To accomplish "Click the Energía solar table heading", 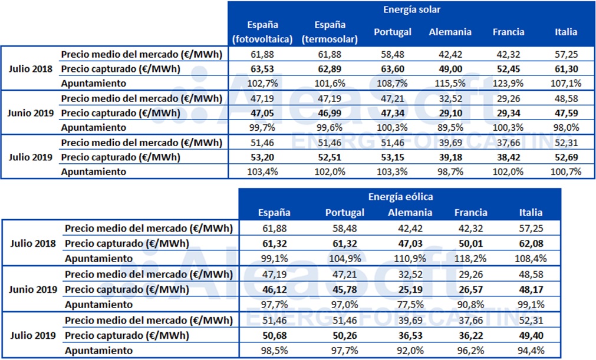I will [x=412, y=10].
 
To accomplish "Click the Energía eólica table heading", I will [x=400, y=197].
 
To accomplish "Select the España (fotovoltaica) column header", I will [x=263, y=32].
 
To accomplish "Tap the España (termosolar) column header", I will [x=330, y=32].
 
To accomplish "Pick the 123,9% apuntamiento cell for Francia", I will [x=508, y=83].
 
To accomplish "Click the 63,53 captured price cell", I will [x=263, y=69].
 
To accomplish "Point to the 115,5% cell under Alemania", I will [x=450, y=83].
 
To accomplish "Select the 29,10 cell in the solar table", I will [x=450, y=113].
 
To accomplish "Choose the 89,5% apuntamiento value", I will [x=450, y=127].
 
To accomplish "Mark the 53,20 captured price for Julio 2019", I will [x=263, y=157].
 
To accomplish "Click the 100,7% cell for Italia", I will [x=566, y=171].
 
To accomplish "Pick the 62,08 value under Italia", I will [x=530, y=243].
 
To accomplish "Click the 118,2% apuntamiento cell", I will [x=470, y=258].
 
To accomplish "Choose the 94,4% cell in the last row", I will [x=530, y=351].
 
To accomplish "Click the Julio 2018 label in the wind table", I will [x=34, y=243].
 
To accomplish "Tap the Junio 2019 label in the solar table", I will [x=30, y=113].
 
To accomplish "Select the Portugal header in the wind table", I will [x=345, y=212].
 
